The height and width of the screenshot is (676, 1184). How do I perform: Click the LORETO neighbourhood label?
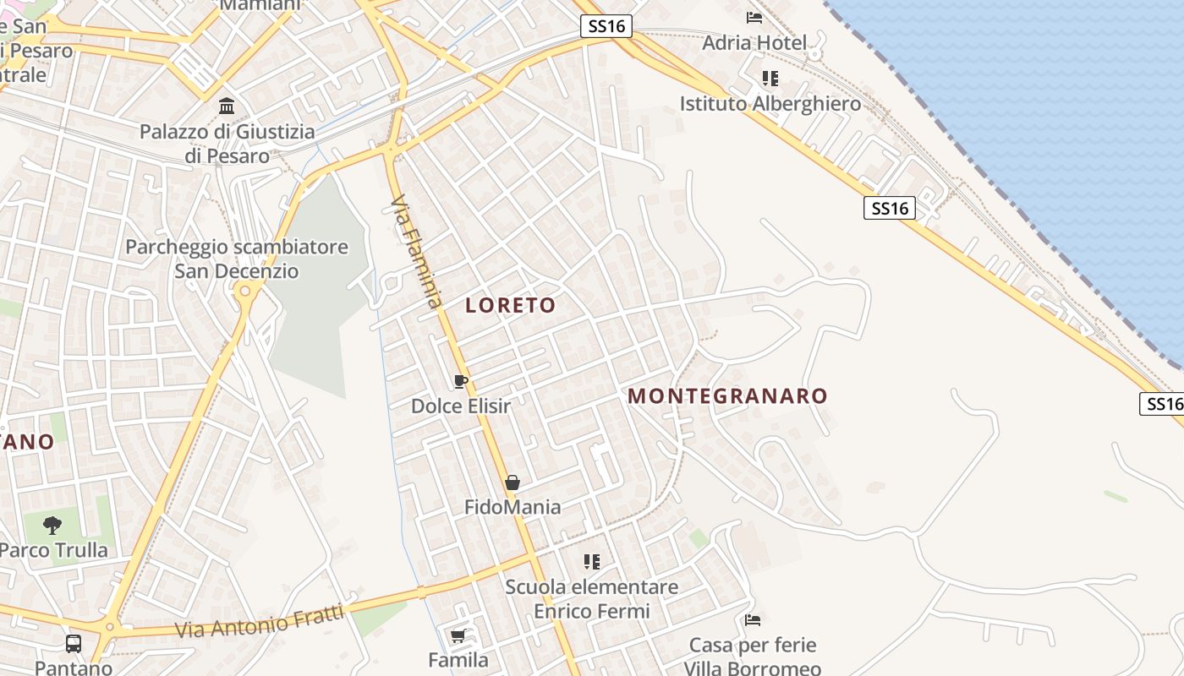(510, 306)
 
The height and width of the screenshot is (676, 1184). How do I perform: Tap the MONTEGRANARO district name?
(727, 396)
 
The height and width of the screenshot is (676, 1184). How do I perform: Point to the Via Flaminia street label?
(417, 252)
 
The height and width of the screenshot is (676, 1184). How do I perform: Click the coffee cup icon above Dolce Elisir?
(461, 381)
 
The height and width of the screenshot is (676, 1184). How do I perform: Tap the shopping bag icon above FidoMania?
(513, 482)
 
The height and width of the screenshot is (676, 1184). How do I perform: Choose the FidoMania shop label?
(513, 507)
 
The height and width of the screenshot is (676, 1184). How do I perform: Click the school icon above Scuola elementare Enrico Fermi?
(592, 561)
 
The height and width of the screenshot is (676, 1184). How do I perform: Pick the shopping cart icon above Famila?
(458, 635)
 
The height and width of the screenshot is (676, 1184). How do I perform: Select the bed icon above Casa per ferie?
(753, 620)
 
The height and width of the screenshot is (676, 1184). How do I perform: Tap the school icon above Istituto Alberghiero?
(770, 79)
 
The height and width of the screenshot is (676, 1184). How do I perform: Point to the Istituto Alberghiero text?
(770, 104)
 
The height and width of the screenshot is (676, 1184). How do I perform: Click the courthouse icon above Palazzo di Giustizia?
(227, 106)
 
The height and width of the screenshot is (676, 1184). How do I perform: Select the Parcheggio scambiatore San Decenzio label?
(237, 259)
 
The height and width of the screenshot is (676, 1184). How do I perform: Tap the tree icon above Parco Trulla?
(52, 526)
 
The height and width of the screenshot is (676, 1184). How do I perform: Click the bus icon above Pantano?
(74, 644)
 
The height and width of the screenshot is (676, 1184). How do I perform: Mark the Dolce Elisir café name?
(461, 406)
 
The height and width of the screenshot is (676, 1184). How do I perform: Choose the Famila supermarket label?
(458, 660)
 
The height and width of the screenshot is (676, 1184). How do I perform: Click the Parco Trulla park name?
(54, 551)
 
